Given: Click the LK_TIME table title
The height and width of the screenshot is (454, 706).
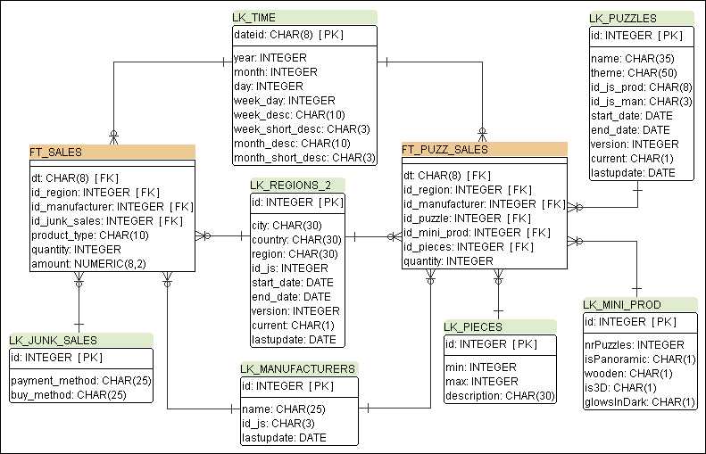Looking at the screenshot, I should (x=254, y=17).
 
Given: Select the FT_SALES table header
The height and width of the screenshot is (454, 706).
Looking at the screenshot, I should (x=56, y=153).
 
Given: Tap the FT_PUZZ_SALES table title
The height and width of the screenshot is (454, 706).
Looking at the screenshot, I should (x=444, y=149).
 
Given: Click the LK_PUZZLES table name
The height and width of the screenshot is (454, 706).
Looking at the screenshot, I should (x=623, y=18).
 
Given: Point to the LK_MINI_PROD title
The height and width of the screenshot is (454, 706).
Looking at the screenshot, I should (x=622, y=304).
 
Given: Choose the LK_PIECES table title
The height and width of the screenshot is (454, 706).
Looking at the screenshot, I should (x=473, y=326).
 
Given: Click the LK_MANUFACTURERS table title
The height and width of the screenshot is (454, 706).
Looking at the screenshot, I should (x=298, y=368).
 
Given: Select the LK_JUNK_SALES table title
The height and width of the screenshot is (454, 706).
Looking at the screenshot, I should (x=54, y=340).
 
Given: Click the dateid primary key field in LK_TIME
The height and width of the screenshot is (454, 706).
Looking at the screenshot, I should (x=288, y=35).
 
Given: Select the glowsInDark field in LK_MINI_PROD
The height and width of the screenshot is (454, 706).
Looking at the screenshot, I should (x=639, y=402).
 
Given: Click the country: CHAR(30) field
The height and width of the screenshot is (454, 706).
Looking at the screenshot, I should (x=296, y=239).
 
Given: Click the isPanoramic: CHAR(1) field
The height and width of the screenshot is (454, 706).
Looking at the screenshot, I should (x=639, y=359).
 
